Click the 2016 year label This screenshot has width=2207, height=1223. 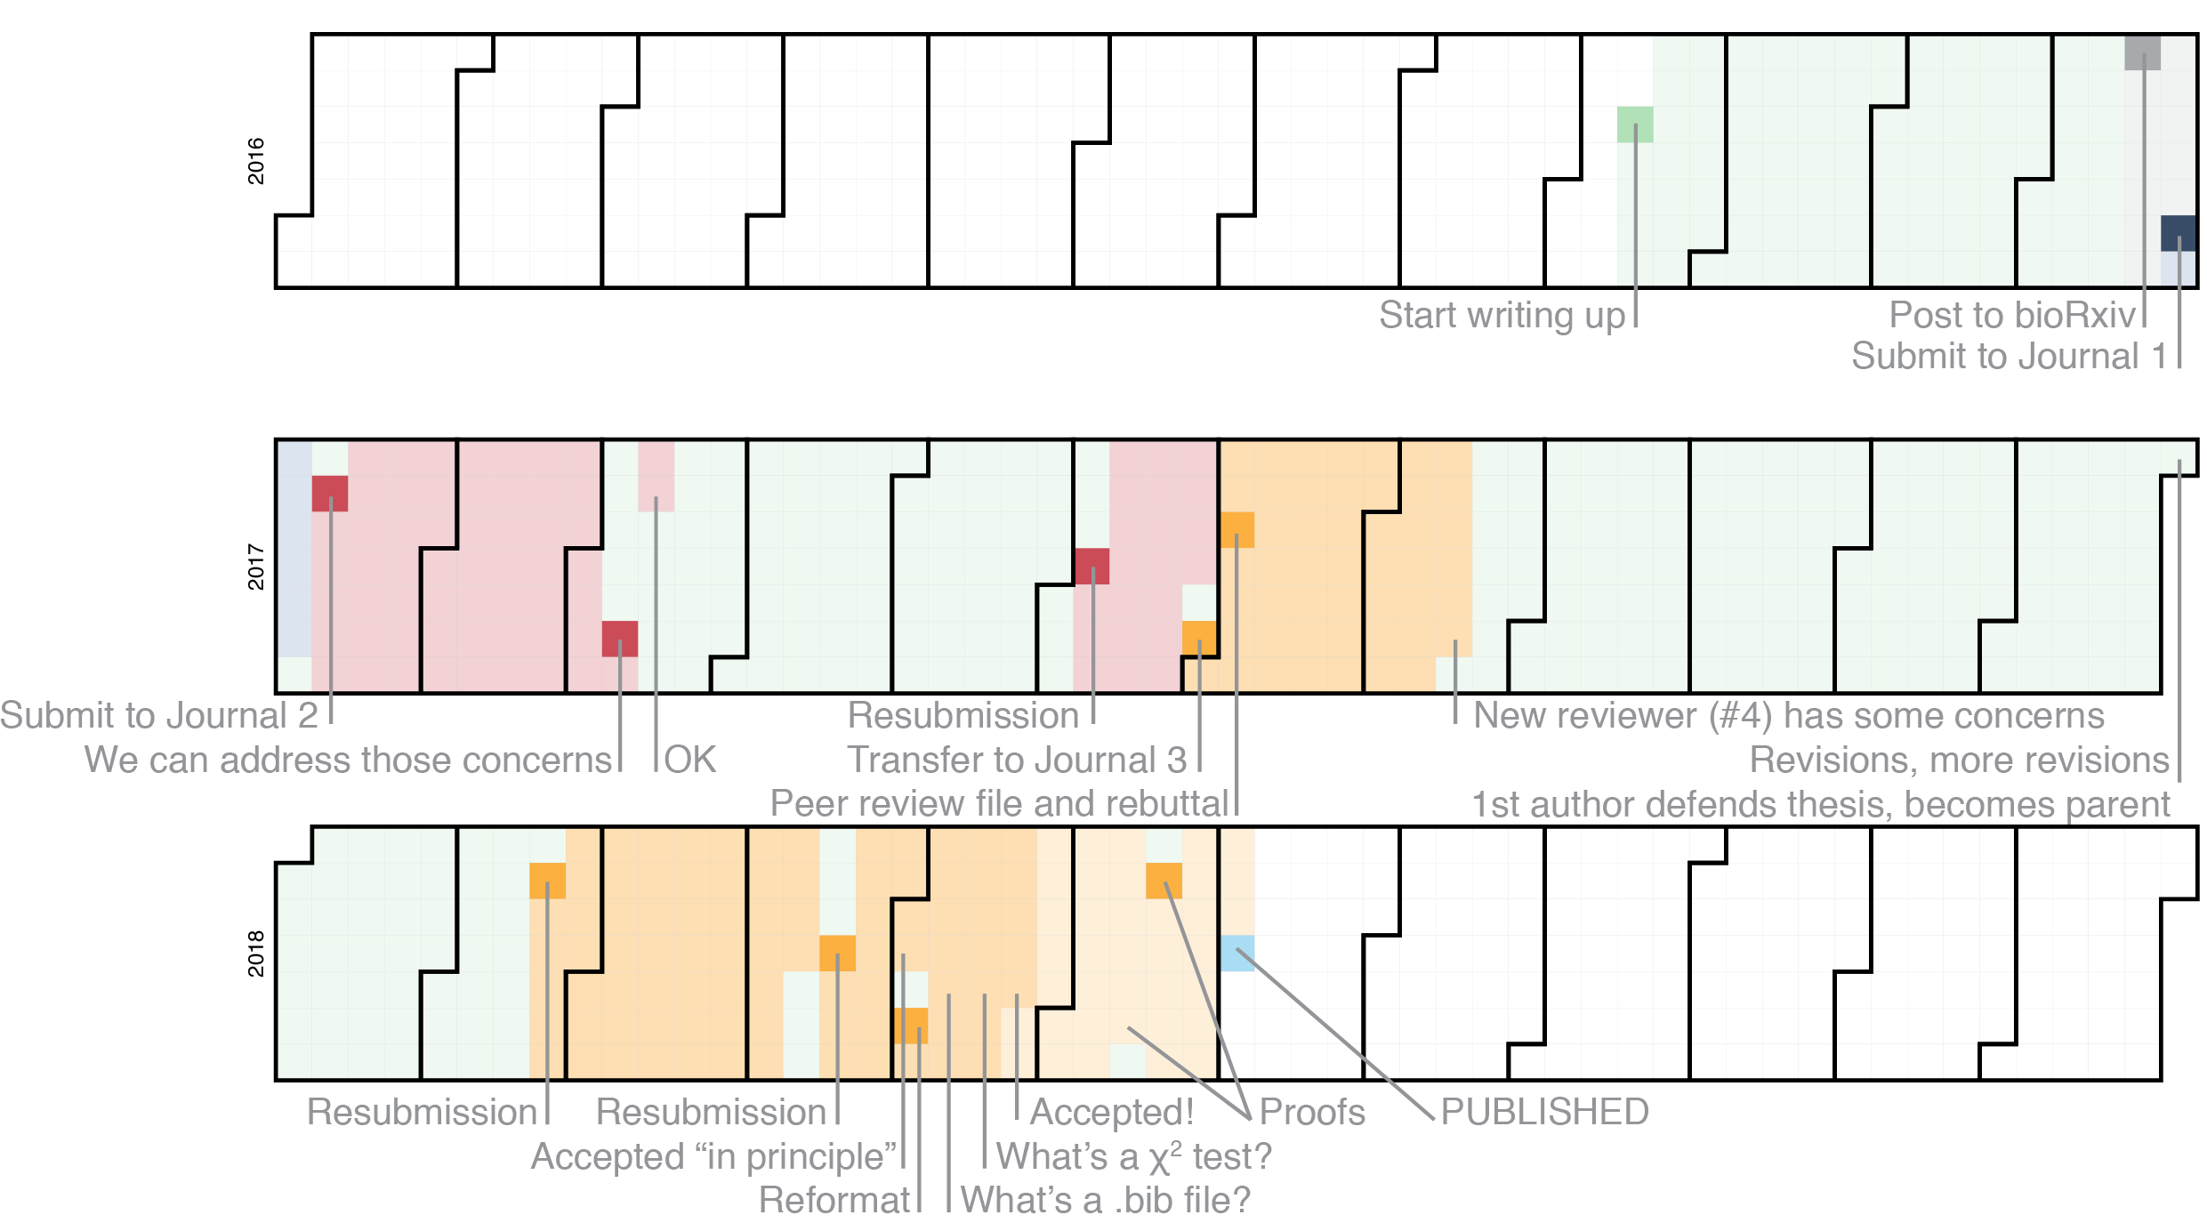(x=256, y=161)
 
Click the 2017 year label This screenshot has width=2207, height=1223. (x=256, y=567)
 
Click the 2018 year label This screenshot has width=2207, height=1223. (x=256, y=953)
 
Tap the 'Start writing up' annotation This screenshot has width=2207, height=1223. (x=1502, y=316)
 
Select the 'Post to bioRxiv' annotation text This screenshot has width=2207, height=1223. (x=2012, y=315)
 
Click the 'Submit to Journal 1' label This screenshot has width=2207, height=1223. (x=2010, y=357)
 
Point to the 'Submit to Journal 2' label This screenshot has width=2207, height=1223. (x=159, y=716)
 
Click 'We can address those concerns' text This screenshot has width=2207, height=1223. (x=348, y=760)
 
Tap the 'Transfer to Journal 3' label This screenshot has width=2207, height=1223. (x=1017, y=760)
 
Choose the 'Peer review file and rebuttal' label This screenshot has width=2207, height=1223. (x=999, y=804)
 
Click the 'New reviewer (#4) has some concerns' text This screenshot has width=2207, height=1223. (x=1789, y=716)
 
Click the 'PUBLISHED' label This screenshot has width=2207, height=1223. (x=1545, y=1113)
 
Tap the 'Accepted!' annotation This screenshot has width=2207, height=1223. (x=1112, y=1113)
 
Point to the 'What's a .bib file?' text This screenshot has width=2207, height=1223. (x=1106, y=1201)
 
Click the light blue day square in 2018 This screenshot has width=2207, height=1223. (x=1236, y=953)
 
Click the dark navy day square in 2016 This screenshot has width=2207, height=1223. (x=2179, y=233)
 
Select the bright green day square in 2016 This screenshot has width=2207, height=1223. (x=1635, y=125)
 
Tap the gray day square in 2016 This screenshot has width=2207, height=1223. (x=2142, y=52)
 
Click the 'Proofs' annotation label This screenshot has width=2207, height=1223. (x=1312, y=1113)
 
